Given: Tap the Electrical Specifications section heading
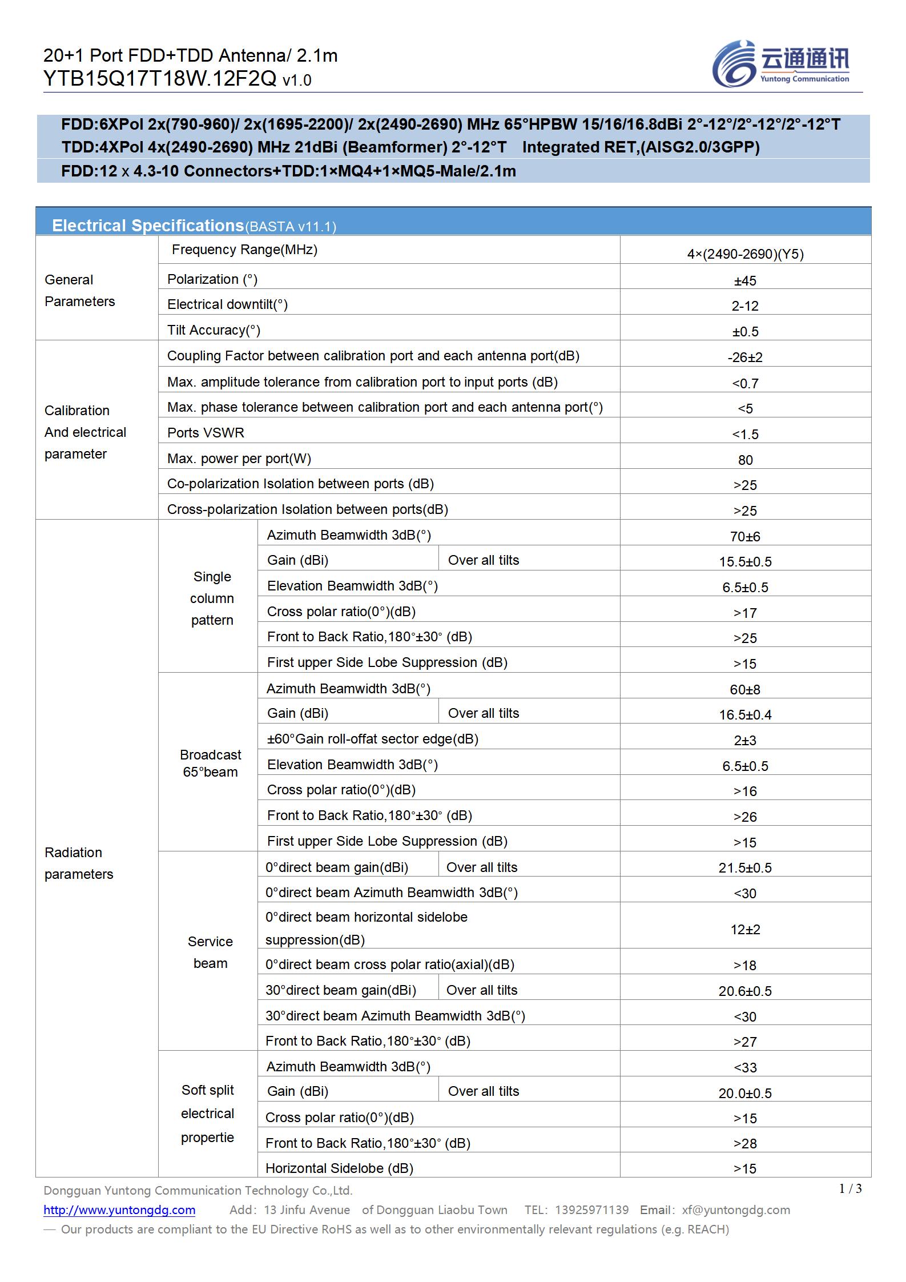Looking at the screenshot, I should pos(148,226).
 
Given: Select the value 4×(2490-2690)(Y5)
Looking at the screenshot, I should pos(745,254).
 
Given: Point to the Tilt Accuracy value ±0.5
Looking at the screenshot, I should pos(745,332).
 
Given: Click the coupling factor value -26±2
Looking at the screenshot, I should pos(745,357).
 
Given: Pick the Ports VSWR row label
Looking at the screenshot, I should pos(206,433).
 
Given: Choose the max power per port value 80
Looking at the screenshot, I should pos(745,460).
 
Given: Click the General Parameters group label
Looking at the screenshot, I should pos(79,291).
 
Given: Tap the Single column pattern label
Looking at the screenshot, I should pos(212,598).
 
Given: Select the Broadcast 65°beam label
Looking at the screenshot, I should pos(210,763).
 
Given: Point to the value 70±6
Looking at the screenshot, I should pos(745,537).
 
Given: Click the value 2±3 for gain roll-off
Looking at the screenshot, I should pos(745,741).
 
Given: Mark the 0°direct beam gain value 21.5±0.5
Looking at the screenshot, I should pos(745,868).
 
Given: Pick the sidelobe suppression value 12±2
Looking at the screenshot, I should pos(745,930).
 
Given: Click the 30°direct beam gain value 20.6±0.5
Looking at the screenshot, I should pos(745,991).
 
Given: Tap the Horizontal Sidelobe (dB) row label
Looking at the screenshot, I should pos(339,1168).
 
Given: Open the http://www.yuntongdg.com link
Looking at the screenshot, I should pos(119,1209).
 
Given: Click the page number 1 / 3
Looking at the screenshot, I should pos(850,1189).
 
